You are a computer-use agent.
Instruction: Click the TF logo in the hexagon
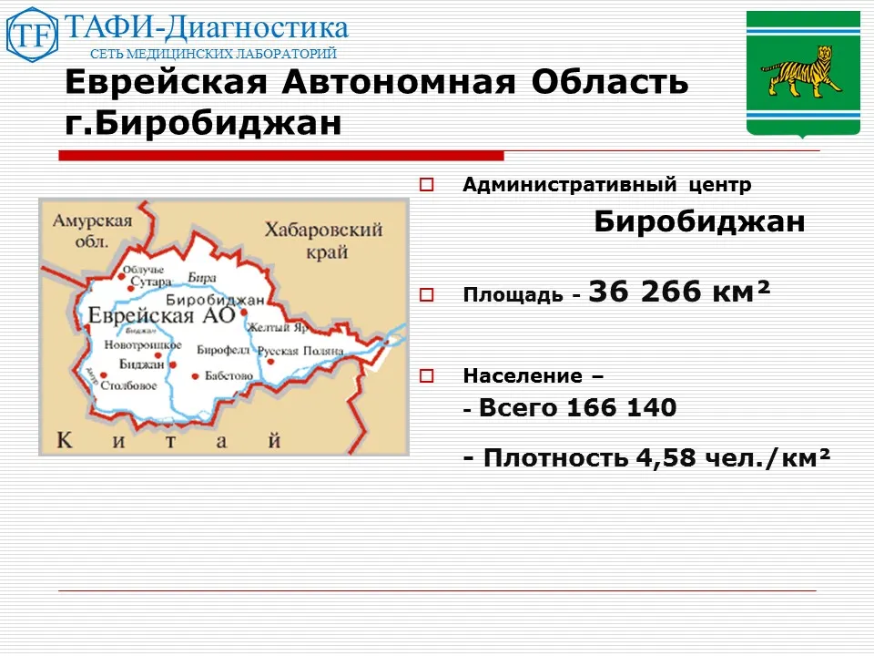32,35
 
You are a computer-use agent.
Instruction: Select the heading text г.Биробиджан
204,123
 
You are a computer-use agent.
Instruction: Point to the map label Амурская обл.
92,231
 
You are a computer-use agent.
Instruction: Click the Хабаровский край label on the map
322,241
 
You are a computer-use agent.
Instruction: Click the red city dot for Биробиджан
244,313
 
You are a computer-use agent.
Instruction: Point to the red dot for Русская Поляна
270,362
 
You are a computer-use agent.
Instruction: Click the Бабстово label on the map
228,375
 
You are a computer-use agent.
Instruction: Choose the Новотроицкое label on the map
143,346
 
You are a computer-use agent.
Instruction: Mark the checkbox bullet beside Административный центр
426,185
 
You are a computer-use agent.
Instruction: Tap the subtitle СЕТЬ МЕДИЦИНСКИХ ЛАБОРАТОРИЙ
213,54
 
